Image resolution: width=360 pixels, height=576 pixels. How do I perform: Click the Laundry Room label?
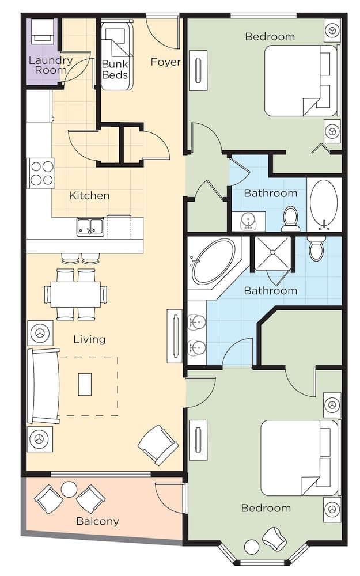tap(51, 65)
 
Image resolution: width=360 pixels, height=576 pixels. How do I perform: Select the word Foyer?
tap(166, 62)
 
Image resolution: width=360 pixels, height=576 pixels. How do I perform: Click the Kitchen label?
tap(89, 195)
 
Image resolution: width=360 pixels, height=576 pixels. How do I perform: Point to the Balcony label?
tap(97, 521)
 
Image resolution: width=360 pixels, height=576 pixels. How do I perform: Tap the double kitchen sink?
tap(90, 227)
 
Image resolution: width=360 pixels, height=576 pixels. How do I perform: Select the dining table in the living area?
tap(75, 294)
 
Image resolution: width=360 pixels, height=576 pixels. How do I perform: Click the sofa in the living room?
tap(43, 386)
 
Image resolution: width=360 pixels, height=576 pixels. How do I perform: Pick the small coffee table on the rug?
tap(85, 384)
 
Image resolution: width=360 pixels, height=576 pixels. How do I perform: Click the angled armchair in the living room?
tap(158, 445)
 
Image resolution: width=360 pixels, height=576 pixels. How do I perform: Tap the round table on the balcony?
tap(69, 490)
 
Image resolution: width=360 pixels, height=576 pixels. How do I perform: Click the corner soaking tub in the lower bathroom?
tap(213, 262)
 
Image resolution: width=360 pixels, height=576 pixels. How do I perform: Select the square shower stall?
tap(273, 253)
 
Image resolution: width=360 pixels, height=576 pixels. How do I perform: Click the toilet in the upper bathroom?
tap(291, 219)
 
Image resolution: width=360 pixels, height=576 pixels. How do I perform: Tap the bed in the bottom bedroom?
tap(298, 458)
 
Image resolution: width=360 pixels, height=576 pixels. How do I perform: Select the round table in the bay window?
tap(252, 546)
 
